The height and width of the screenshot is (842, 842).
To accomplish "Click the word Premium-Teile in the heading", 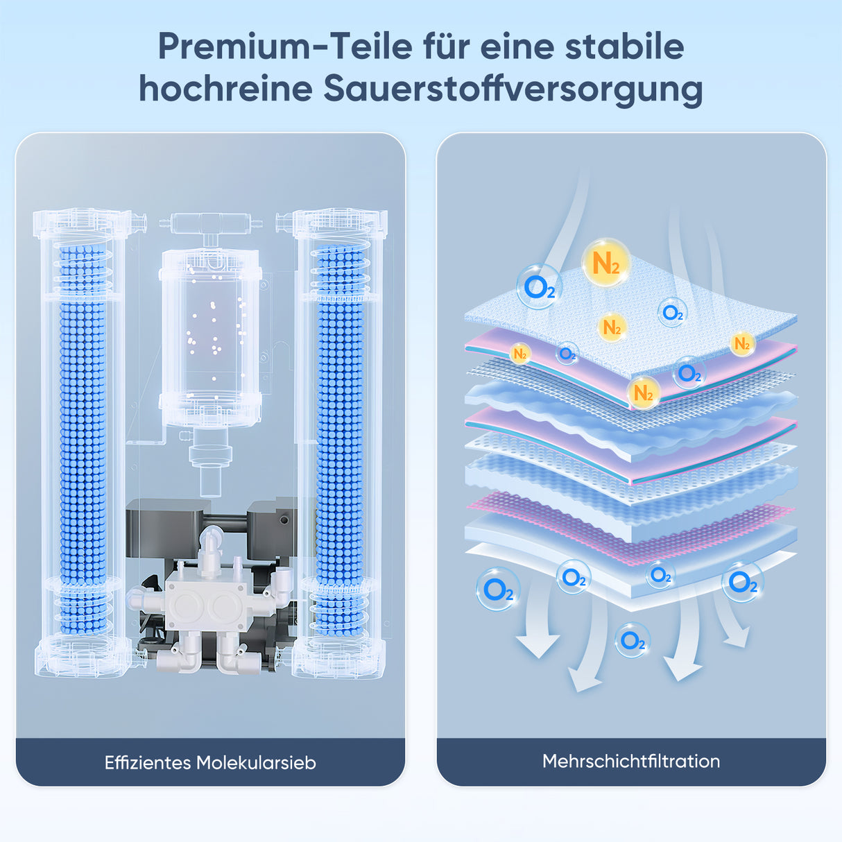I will pyautogui.click(x=285, y=46).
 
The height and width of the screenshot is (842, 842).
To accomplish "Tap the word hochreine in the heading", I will pyautogui.click(x=225, y=89).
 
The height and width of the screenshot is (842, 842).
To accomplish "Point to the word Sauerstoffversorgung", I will pyautogui.click(x=513, y=89).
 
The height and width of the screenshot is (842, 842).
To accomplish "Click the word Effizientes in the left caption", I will pyautogui.click(x=147, y=763).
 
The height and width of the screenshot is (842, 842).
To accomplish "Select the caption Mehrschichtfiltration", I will pyautogui.click(x=630, y=761).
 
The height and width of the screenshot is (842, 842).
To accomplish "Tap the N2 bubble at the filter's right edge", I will pyautogui.click(x=741, y=343).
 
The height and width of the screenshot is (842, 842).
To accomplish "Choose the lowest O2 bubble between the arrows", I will pyautogui.click(x=632, y=640).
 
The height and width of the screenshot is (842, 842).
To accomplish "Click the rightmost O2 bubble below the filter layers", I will pyautogui.click(x=742, y=581).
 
